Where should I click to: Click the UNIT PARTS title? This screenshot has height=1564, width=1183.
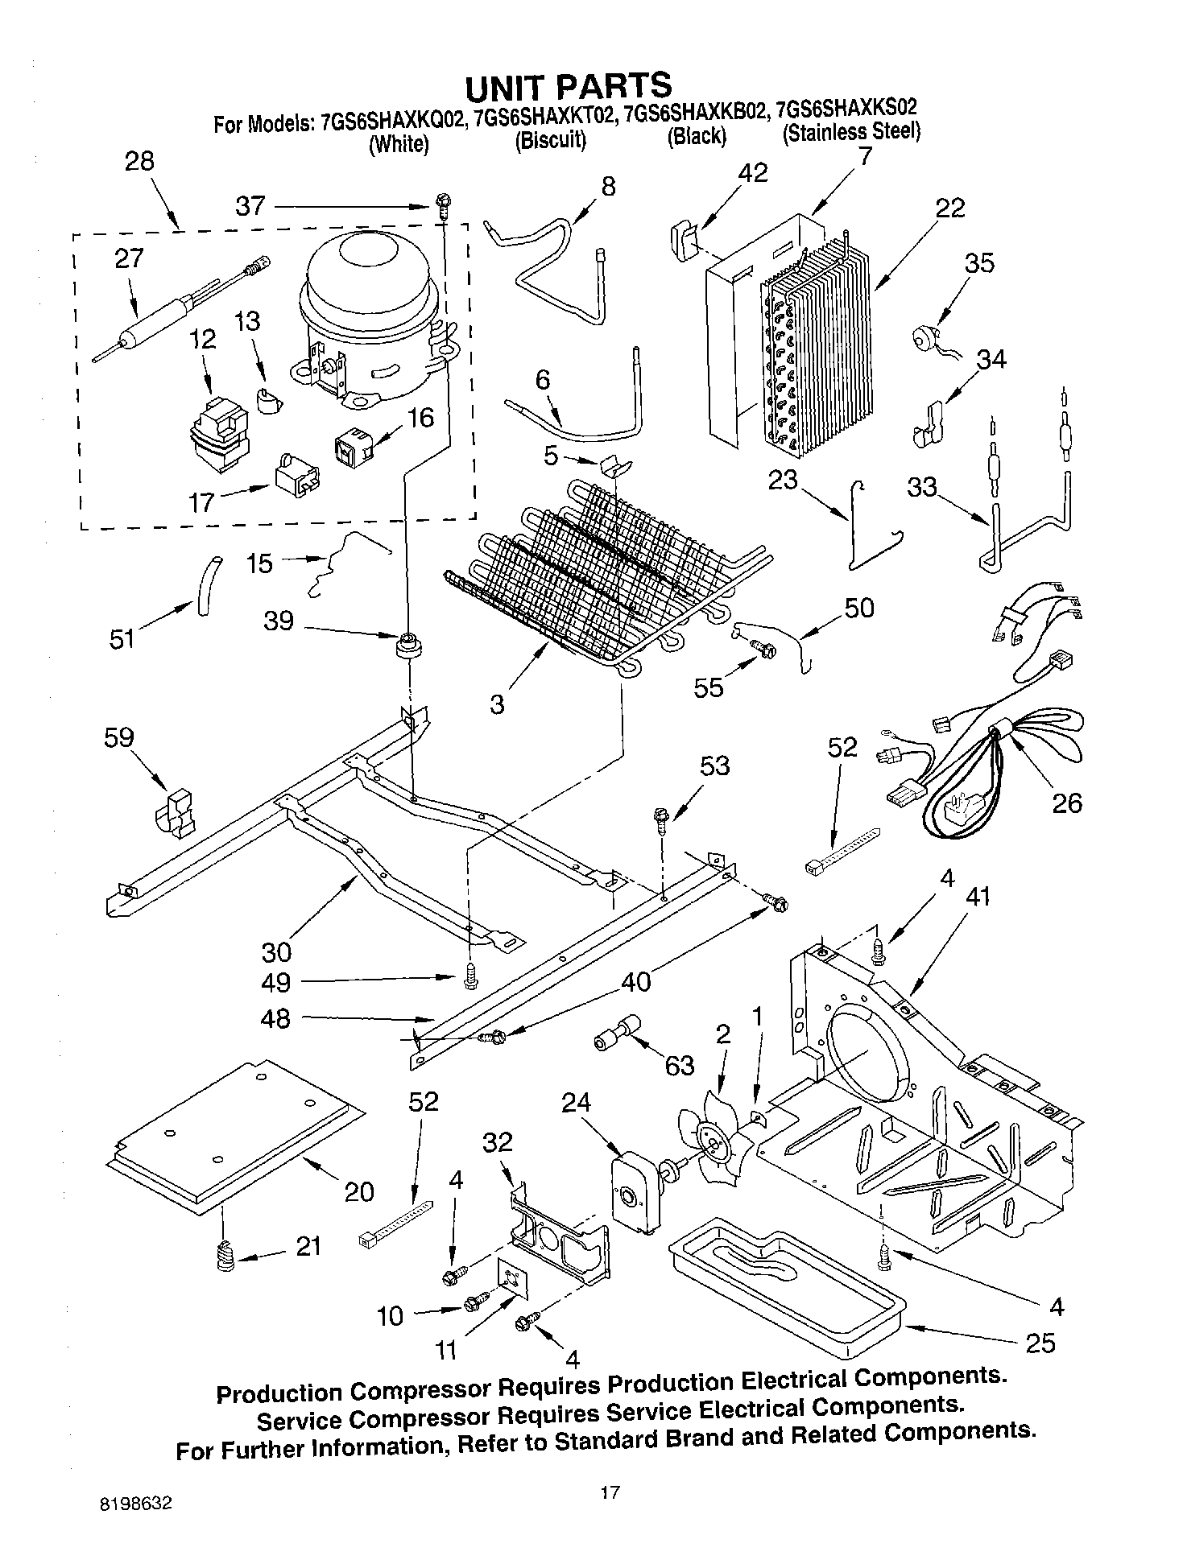tap(568, 85)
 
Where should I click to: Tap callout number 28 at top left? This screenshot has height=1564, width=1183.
tap(139, 161)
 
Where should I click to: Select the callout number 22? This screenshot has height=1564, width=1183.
tap(949, 208)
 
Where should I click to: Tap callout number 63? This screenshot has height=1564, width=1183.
tap(679, 1066)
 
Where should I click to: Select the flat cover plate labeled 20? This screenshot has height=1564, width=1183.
tap(234, 1135)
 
